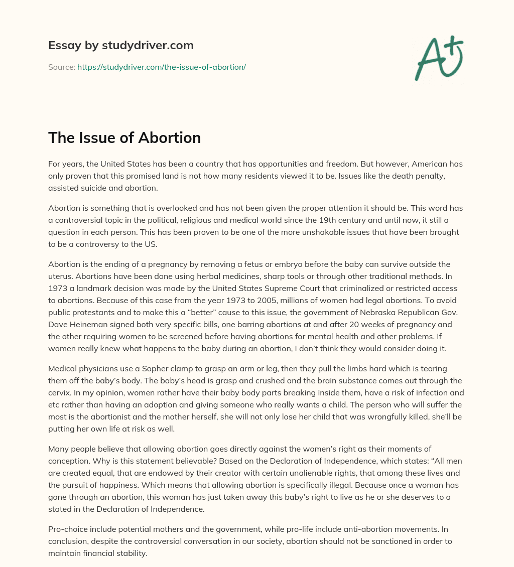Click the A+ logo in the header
click(438, 58)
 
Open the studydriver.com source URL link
click(161, 67)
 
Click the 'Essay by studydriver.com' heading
click(120, 45)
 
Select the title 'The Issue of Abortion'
click(124, 137)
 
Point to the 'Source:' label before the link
click(61, 67)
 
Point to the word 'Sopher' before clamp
click(158, 368)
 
